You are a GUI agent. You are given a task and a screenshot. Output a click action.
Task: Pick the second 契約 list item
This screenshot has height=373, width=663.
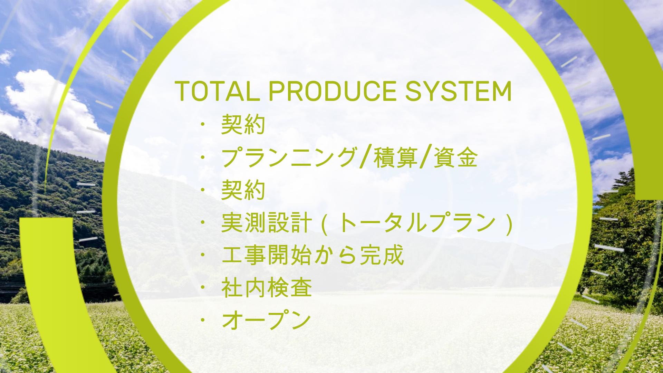point(243,191)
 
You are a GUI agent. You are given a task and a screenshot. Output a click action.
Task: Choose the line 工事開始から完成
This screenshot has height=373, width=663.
point(313,256)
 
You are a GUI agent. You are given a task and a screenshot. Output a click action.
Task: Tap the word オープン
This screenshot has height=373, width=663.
point(266,321)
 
